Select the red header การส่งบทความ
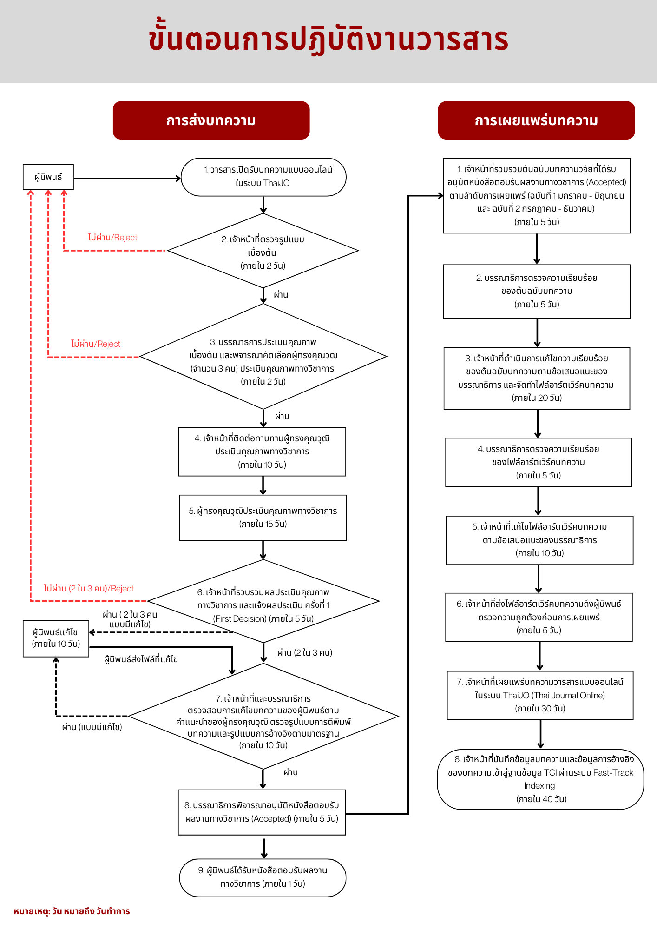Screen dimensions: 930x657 click(x=211, y=120)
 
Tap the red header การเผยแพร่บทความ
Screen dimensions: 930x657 click(x=536, y=120)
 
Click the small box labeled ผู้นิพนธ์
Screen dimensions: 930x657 click(x=48, y=177)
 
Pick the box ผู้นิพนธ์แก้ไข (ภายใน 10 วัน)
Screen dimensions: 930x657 click(x=56, y=638)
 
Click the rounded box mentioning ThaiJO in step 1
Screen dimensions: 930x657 click(x=263, y=177)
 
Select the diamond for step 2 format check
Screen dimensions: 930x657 click(x=263, y=252)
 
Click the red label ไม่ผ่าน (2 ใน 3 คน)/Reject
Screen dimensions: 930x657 click(x=89, y=589)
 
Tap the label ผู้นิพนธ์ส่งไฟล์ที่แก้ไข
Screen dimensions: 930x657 click(x=141, y=659)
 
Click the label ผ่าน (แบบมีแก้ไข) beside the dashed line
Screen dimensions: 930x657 click(x=92, y=727)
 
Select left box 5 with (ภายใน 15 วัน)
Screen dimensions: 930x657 click(x=263, y=517)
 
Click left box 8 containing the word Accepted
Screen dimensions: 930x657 click(x=262, y=812)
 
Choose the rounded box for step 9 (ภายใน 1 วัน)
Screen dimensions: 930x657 click(x=263, y=877)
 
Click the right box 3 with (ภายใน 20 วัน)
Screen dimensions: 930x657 click(x=537, y=378)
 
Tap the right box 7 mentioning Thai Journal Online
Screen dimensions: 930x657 click(x=540, y=695)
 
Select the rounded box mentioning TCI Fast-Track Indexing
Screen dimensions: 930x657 click(x=540, y=779)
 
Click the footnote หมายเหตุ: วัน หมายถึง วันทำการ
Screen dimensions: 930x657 click(x=72, y=911)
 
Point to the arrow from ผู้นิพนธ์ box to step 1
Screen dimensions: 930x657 click(x=126, y=178)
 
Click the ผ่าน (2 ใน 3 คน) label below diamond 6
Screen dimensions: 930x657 click(x=305, y=653)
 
